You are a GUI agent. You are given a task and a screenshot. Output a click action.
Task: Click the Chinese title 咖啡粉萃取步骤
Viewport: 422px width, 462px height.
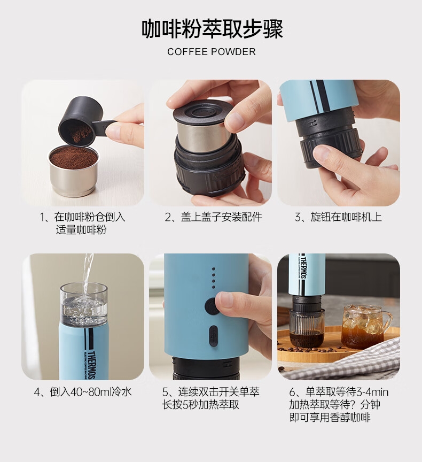pyautogui.click(x=212, y=29)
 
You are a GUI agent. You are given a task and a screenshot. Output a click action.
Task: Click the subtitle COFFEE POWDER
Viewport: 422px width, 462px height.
pyautogui.click(x=212, y=52)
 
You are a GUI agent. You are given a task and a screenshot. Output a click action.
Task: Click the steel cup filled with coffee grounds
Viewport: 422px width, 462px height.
pyautogui.click(x=73, y=170)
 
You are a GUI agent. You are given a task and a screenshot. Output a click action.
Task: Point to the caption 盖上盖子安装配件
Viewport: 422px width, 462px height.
pyautogui.click(x=213, y=217)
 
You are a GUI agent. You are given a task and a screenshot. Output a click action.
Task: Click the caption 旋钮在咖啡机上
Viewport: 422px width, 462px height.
pyautogui.click(x=338, y=217)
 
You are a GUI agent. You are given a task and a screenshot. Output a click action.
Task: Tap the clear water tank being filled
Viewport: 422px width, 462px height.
pyautogui.click(x=84, y=305)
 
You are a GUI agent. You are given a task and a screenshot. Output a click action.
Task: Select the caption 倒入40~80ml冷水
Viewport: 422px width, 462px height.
pyautogui.click(x=83, y=392)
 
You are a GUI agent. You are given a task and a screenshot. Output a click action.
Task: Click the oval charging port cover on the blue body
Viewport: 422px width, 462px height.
pyautogui.click(x=214, y=336)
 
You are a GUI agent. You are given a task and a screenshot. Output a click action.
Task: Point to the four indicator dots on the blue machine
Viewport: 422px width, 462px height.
pyautogui.click(x=213, y=278)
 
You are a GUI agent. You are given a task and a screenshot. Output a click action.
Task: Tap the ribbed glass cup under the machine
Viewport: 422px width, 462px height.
pyautogui.click(x=306, y=328)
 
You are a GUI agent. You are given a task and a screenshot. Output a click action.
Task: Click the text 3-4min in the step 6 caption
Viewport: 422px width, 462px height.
pyautogui.click(x=372, y=392)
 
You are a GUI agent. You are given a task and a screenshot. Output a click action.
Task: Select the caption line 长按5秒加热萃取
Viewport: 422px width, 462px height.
pyautogui.click(x=201, y=405)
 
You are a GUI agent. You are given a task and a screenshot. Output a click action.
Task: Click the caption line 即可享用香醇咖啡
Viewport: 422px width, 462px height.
pyautogui.click(x=329, y=418)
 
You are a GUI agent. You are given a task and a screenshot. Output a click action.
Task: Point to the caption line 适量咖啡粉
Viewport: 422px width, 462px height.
pyautogui.click(x=81, y=230)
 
